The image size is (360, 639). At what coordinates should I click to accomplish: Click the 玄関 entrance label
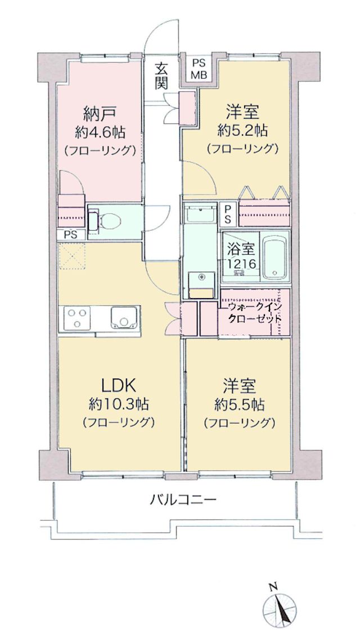tap(161, 76)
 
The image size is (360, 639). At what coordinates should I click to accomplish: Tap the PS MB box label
tap(199, 69)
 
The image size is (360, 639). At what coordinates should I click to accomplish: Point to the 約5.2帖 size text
tap(242, 130)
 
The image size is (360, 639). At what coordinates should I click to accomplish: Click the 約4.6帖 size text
tap(100, 132)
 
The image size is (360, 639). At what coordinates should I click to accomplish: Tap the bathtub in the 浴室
tap(275, 256)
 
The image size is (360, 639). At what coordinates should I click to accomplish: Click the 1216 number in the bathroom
tap(242, 264)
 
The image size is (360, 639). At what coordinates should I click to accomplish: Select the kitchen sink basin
tap(124, 317)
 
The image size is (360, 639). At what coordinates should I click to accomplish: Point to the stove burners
tap(77, 317)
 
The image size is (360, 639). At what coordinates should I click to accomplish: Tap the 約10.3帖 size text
tap(118, 404)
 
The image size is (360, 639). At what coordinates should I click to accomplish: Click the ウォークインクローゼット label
tap(253, 312)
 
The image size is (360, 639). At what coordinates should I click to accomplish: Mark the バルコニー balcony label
tap(182, 498)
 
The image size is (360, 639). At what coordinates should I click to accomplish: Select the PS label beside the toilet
tap(71, 235)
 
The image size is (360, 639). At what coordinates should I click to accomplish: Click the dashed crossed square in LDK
tap(73, 256)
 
